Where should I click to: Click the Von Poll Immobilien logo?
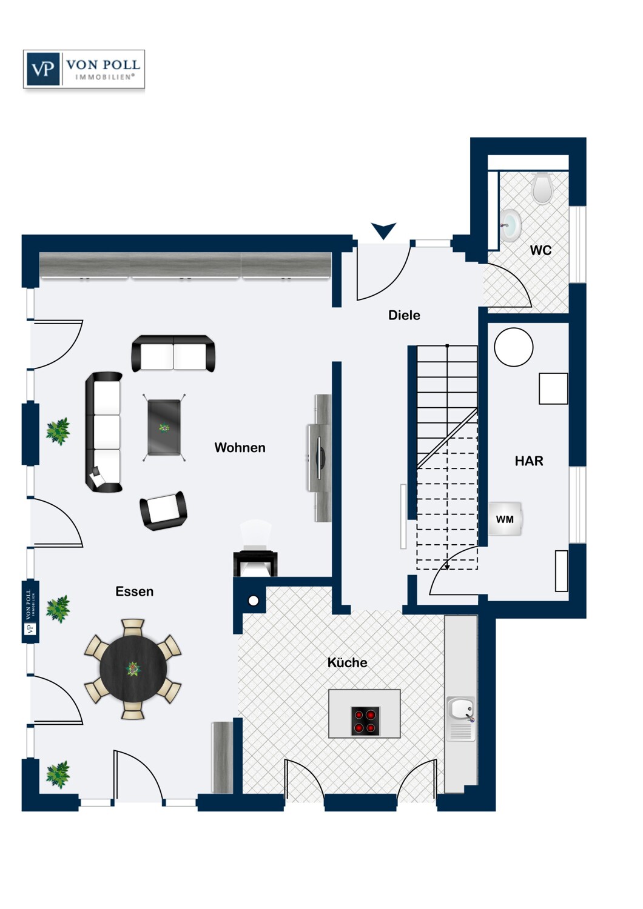tap(84, 70)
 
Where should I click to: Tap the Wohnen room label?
tap(240, 448)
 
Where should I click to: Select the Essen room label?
tap(134, 591)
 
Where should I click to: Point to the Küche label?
tap(347, 663)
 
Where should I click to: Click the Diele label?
tap(404, 315)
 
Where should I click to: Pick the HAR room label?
tap(529, 461)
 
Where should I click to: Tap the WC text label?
tap(540, 250)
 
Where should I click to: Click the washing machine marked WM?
tap(505, 519)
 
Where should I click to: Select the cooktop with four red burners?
tap(365, 721)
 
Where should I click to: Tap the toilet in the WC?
tap(542, 188)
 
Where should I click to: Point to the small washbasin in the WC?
tap(511, 225)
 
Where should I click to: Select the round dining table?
tap(133, 669)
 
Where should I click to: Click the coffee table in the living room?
tap(164, 427)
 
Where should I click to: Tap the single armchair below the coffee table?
tap(163, 510)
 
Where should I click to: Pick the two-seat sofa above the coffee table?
tap(173, 353)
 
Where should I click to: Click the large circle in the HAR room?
tap(513, 347)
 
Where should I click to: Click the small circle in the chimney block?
tap(254, 601)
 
